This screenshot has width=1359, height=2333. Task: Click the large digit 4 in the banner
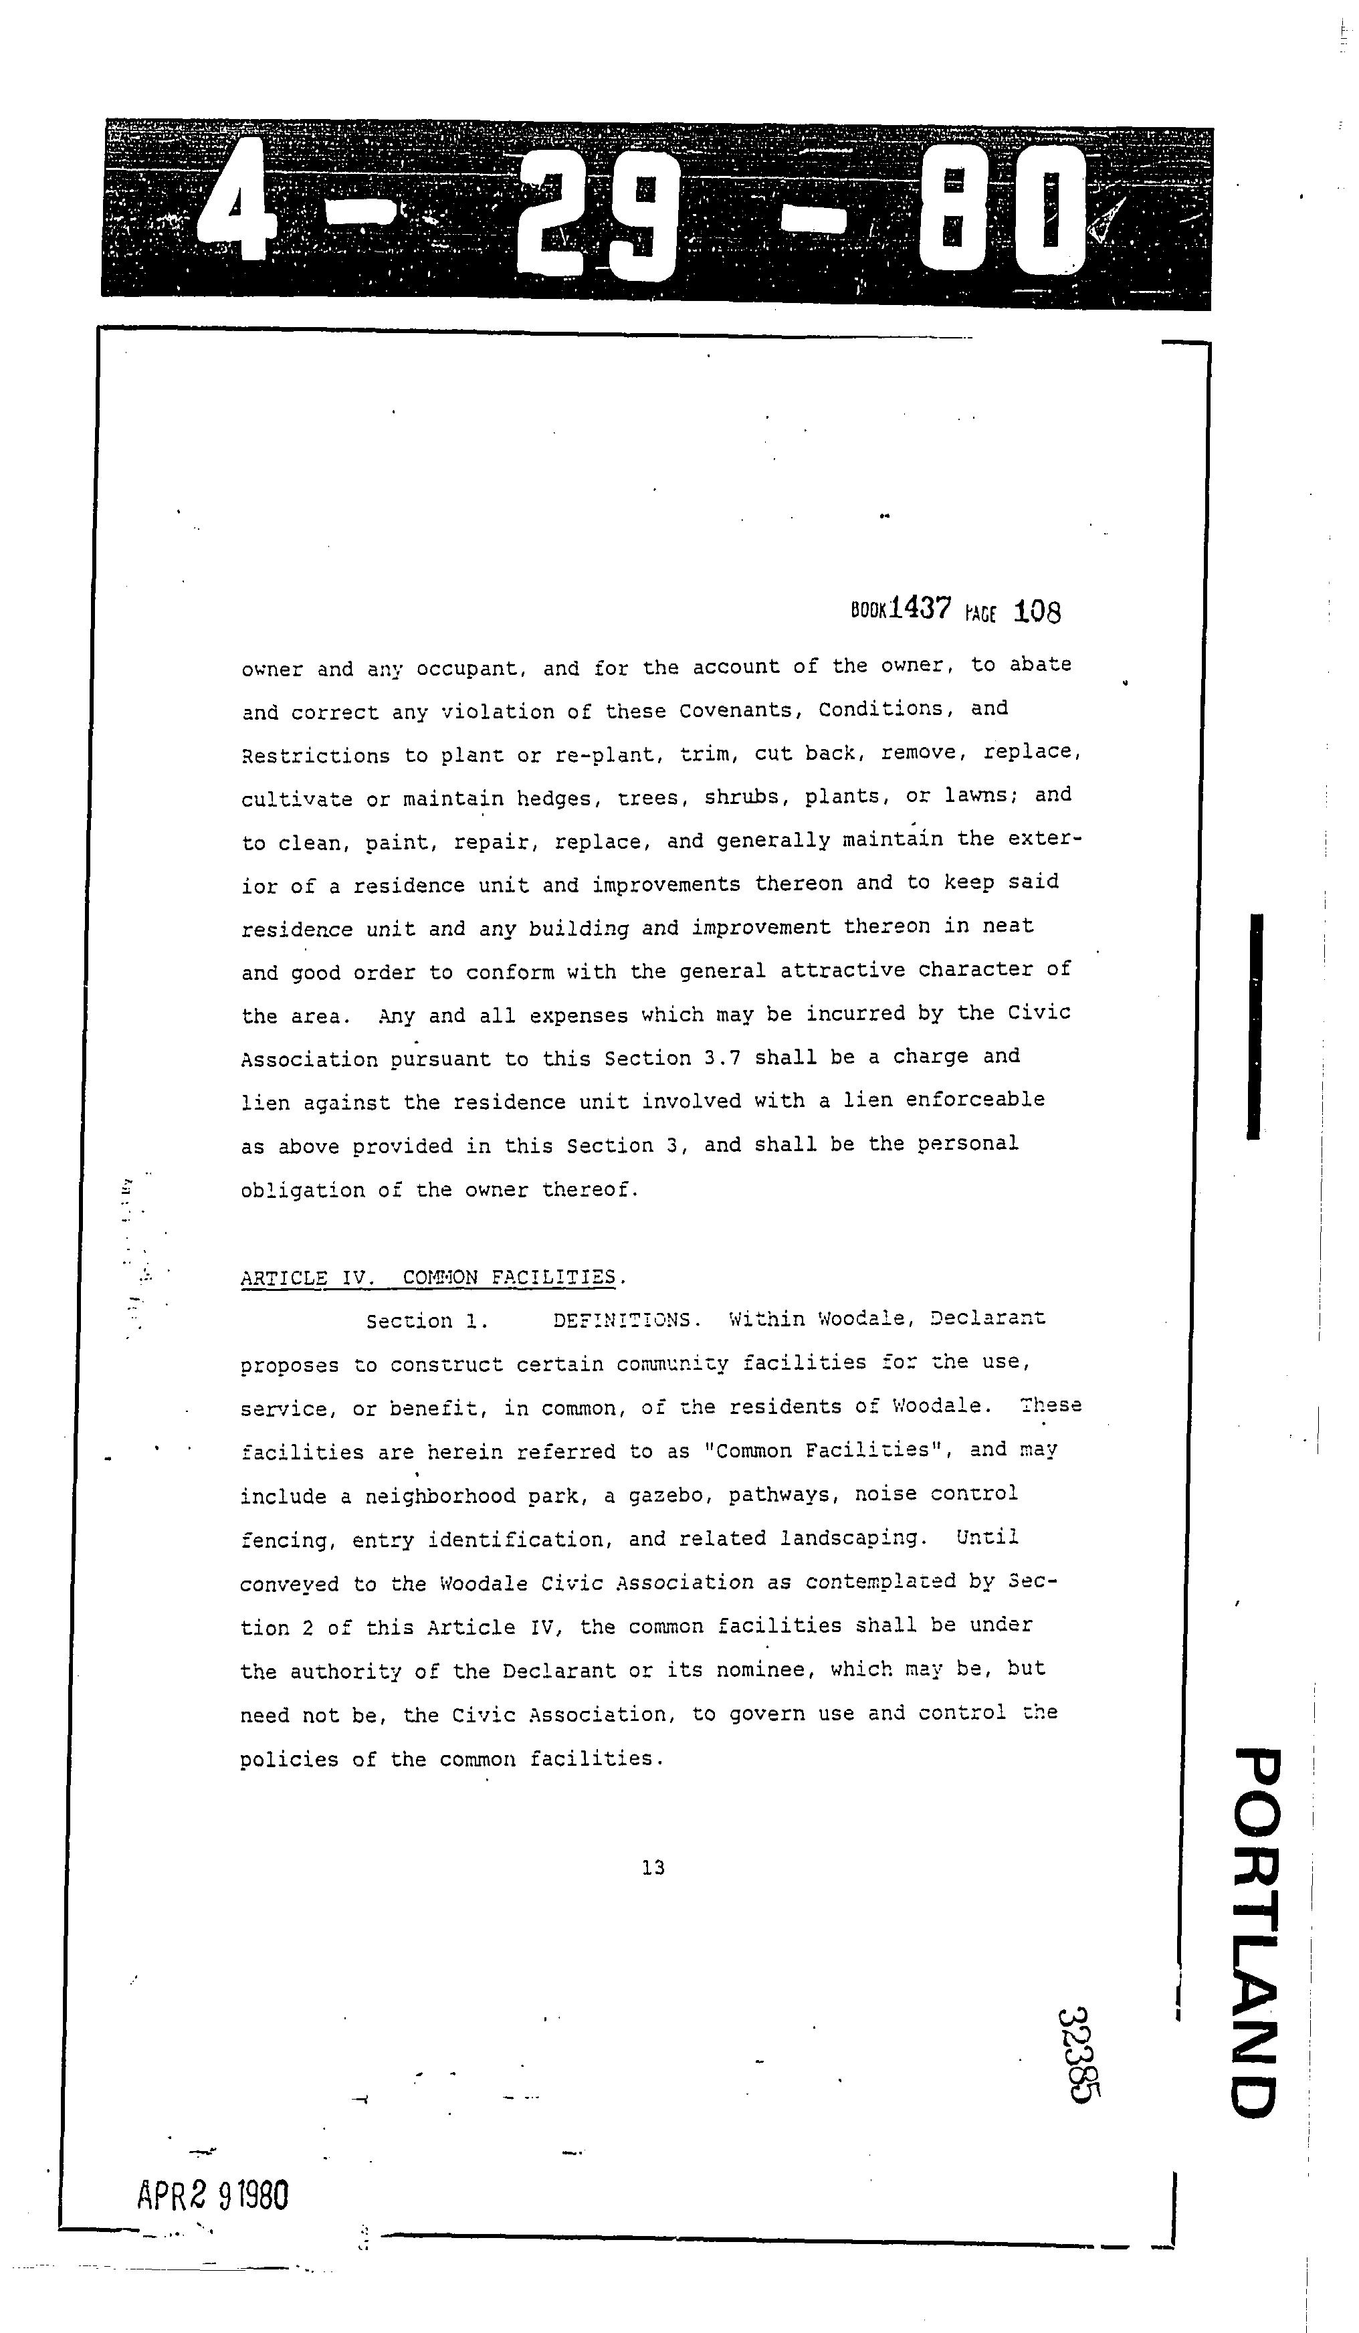pyautogui.click(x=236, y=211)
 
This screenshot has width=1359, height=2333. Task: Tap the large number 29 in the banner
pyautogui.click(x=593, y=215)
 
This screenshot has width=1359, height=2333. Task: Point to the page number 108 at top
pyautogui.click(x=1037, y=611)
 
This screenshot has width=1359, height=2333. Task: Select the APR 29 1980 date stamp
pyautogui.click(x=213, y=2195)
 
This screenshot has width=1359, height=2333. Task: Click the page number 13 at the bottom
pyautogui.click(x=653, y=1867)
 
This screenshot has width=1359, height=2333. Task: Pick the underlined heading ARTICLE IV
pyautogui.click(x=304, y=1278)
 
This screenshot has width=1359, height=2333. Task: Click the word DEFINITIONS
pyautogui.click(x=621, y=1320)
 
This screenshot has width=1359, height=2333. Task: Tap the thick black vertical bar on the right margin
pyautogui.click(x=1255, y=1026)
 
